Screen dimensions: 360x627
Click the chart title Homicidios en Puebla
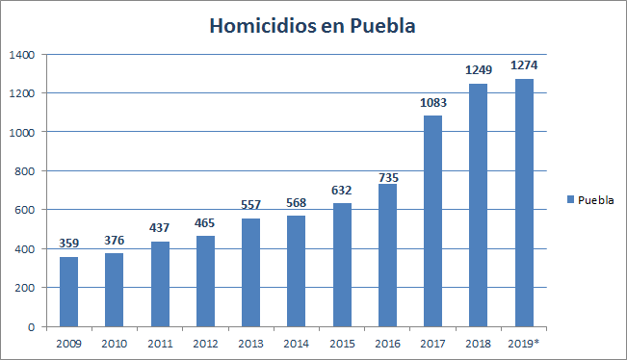tap(313, 26)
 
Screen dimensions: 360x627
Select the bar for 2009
tap(68, 292)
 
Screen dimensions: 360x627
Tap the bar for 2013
tap(250, 272)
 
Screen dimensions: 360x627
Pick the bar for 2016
tap(387, 255)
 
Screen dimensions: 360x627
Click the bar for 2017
tap(432, 221)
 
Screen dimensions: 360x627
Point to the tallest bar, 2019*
tap(524, 202)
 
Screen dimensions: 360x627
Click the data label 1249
tap(478, 71)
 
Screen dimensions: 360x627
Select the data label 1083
tap(432, 104)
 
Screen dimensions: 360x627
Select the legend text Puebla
tap(596, 200)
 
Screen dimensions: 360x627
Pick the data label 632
tap(342, 191)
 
